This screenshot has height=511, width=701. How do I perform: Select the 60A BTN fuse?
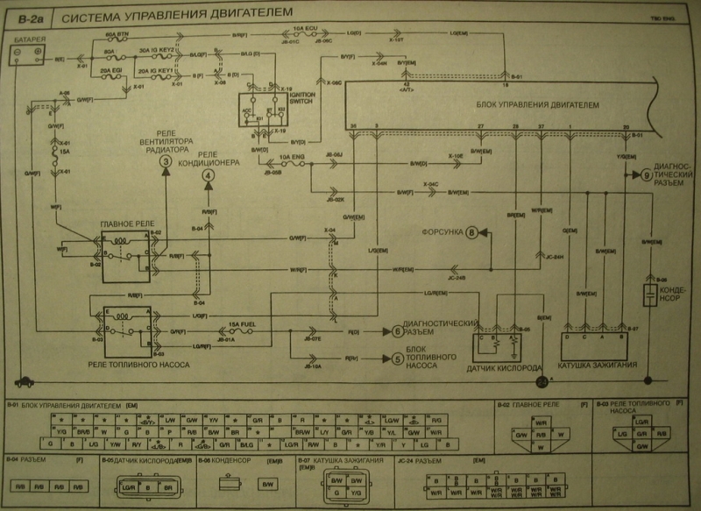point(116,39)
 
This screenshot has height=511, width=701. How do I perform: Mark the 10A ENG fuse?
point(292,164)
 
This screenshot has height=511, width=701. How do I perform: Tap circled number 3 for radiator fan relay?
point(164,161)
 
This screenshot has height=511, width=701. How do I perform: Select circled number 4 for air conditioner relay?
point(208,174)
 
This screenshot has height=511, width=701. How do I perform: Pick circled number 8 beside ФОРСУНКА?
point(474,232)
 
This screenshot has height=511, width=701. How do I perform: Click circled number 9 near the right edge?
point(647,174)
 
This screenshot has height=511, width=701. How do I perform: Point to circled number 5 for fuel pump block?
point(397,358)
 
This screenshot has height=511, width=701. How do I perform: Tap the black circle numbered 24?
point(542,380)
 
